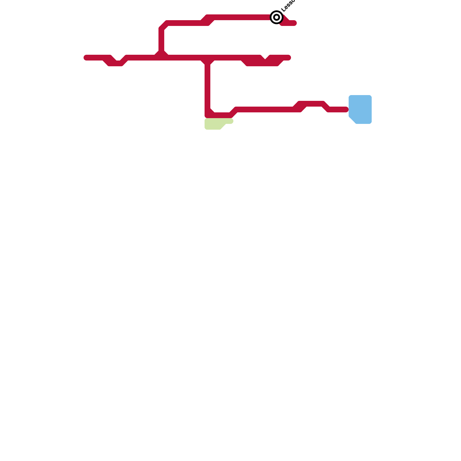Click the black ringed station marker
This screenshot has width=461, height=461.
(276, 17)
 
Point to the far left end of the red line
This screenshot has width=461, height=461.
(86, 58)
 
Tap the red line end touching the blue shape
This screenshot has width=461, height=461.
(346, 109)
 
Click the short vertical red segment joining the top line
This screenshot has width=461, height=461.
(161, 39)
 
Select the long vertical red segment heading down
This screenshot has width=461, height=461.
(207, 86)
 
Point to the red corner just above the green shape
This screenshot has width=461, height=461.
(209, 114)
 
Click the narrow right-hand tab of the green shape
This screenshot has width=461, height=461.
(230, 121)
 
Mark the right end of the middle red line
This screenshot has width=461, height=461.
(289, 58)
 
